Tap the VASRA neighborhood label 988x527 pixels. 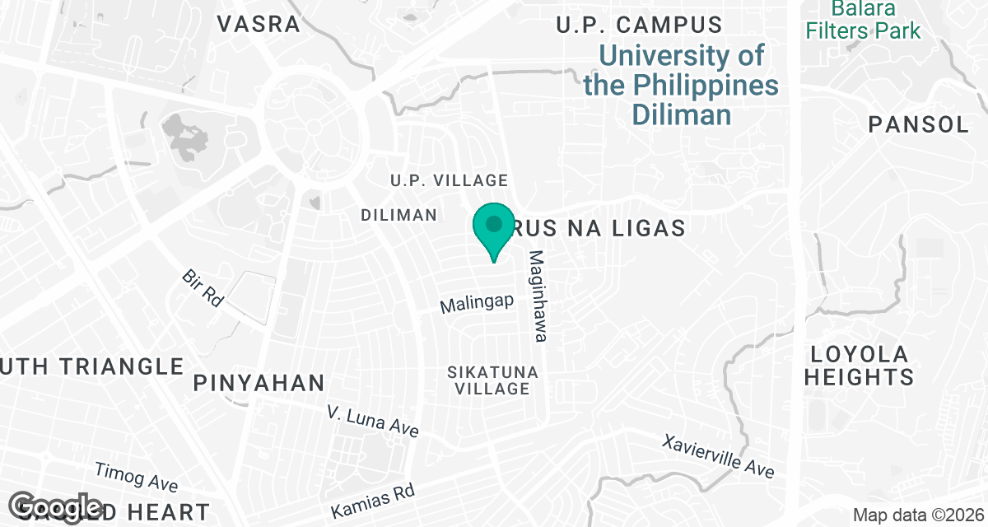pyautogui.click(x=259, y=24)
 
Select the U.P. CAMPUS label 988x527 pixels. pyautogui.click(x=639, y=25)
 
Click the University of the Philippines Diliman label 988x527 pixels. pyautogui.click(x=681, y=85)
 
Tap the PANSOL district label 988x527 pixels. pyautogui.click(x=919, y=125)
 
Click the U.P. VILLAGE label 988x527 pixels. pyautogui.click(x=449, y=180)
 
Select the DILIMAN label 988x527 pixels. pyautogui.click(x=398, y=215)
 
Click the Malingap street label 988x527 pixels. pyautogui.click(x=477, y=304)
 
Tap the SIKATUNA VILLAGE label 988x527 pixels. pyautogui.click(x=492, y=380)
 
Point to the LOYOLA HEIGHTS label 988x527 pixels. pyautogui.click(x=859, y=366)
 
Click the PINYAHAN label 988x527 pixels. pyautogui.click(x=259, y=383)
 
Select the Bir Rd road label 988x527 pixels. pyautogui.click(x=203, y=288)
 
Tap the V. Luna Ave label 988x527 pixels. pyautogui.click(x=372, y=421)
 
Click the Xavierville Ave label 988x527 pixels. pyautogui.click(x=718, y=455)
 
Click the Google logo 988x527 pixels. pyautogui.click(x=58, y=507)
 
